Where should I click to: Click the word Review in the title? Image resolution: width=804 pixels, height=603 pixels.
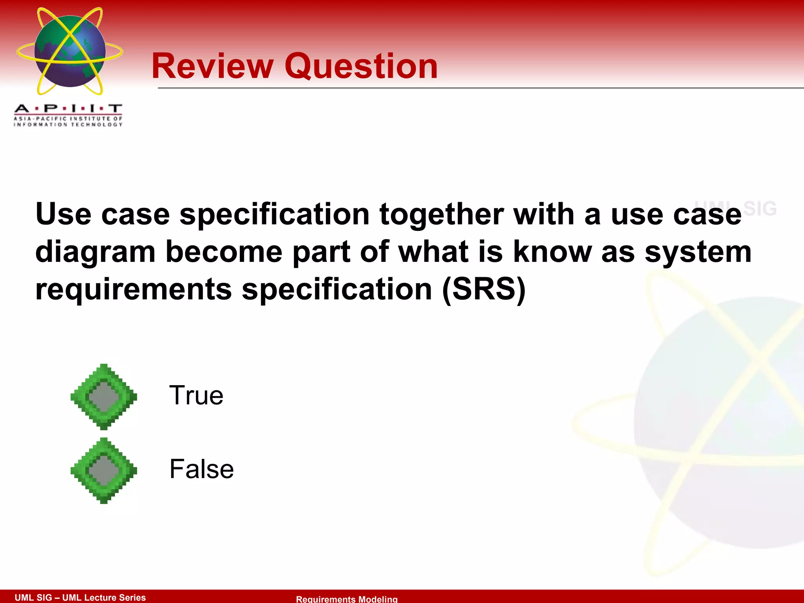pos(212,66)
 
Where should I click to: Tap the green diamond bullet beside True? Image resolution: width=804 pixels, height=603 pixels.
pos(104,397)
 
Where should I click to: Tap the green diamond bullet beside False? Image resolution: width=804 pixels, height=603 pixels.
pos(104,470)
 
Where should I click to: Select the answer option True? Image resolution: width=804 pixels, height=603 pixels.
pos(196,395)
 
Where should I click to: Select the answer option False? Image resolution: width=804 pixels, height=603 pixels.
pos(201,469)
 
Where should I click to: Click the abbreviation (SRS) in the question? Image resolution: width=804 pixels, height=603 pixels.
pos(483,289)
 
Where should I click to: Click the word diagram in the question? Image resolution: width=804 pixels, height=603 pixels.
pos(95,252)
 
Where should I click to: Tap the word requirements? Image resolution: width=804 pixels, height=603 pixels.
pos(133,289)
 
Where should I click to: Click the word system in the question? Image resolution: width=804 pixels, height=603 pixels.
pos(698,252)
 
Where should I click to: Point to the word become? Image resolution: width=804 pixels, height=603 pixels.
pos(224,252)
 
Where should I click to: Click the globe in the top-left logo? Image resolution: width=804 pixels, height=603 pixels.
pos(70,51)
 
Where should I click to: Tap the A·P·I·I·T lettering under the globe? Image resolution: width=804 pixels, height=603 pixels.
pos(68,108)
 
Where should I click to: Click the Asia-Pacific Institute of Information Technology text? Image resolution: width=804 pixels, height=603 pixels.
pos(68,121)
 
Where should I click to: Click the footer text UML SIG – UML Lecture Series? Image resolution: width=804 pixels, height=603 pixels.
pos(80,597)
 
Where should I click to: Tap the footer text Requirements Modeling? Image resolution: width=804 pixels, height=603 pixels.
pos(347,599)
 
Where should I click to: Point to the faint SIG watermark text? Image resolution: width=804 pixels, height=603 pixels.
pos(759,208)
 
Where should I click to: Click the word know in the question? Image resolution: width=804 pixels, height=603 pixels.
pos(552,252)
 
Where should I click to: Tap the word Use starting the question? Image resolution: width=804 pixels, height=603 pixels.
pos(63,215)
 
